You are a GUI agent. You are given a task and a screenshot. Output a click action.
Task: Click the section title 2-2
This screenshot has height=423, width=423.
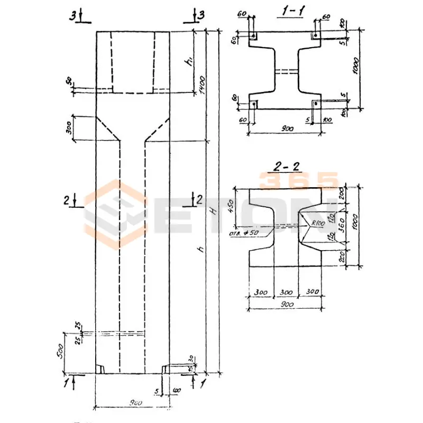coord(287,168)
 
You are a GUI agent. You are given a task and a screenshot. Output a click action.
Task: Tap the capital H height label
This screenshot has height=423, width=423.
coord(212,210)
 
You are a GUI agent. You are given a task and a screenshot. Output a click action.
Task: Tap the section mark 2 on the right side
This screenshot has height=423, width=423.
coord(199,199)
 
